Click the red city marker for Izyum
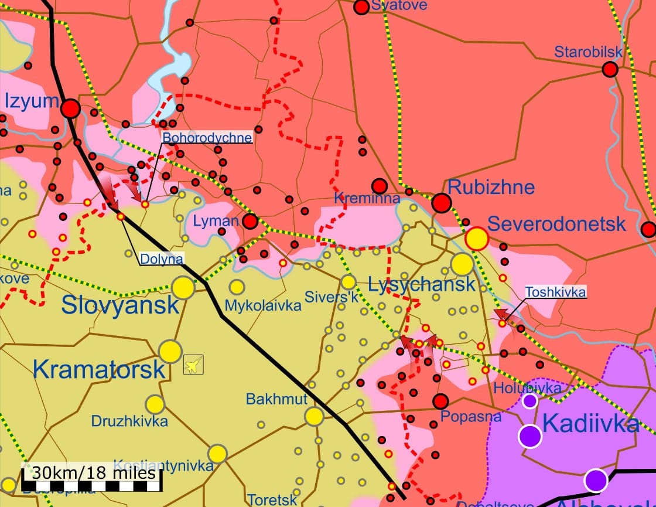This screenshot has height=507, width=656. [x=71, y=108]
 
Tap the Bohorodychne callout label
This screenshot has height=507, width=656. [x=207, y=138]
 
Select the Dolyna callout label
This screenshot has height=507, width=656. [x=162, y=258]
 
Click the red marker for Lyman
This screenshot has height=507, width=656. [x=250, y=221]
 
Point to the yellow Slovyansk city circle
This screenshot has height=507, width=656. [x=183, y=288]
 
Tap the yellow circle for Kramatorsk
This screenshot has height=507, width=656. [x=170, y=351]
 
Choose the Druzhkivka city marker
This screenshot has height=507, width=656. [x=155, y=404]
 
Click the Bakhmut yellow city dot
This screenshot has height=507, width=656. [x=314, y=416]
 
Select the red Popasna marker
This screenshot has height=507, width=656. [x=440, y=401]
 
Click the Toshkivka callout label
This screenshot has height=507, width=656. [x=555, y=291]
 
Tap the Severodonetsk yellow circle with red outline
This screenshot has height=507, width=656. [x=477, y=239]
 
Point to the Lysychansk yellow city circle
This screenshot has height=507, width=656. [x=462, y=264]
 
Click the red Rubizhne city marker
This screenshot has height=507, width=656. [x=442, y=203]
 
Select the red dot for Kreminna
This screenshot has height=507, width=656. [x=380, y=186]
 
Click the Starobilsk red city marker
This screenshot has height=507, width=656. [x=610, y=70]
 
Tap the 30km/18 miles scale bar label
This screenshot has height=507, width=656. [x=94, y=472]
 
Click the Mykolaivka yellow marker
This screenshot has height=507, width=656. [x=237, y=287]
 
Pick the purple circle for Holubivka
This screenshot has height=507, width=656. [x=529, y=401]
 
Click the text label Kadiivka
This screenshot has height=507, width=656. [x=590, y=424]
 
